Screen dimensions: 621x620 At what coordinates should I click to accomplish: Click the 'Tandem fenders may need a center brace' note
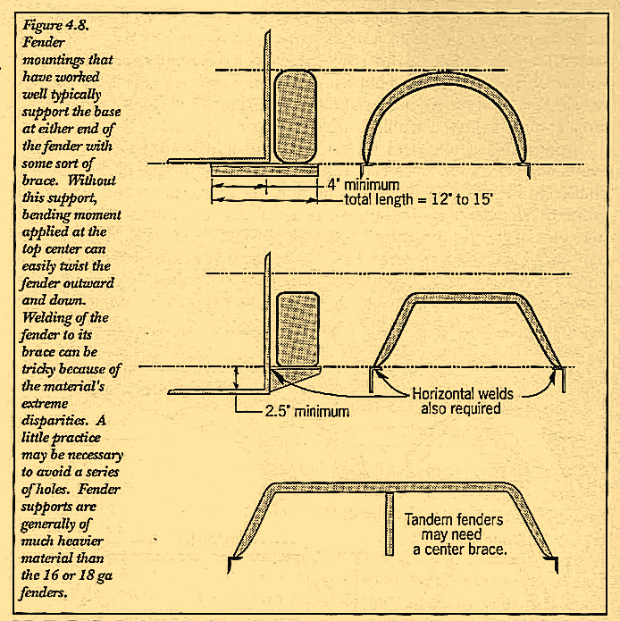456,534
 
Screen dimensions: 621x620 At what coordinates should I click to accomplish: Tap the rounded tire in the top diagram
295,117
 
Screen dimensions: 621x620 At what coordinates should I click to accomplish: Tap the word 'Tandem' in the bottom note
431,519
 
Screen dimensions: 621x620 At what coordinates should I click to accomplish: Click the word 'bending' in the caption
48,216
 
